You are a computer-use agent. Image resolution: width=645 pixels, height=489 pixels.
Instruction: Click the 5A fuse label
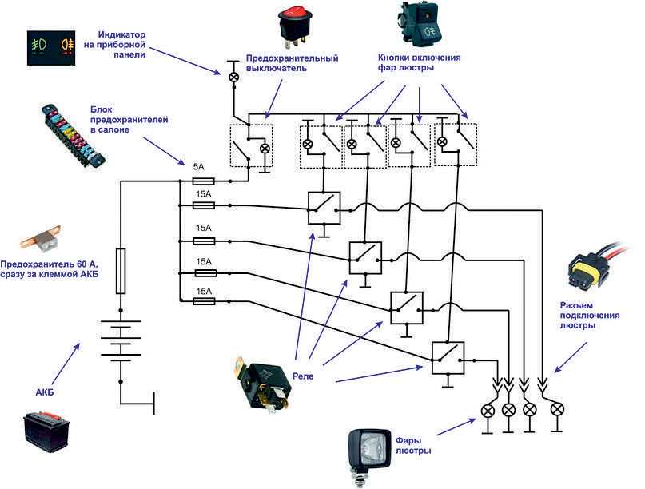pyautogui.click(x=199, y=167)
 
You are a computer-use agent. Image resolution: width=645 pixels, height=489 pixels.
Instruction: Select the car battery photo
pyautogui.click(x=46, y=431)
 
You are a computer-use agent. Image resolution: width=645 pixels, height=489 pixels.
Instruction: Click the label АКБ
pyautogui.click(x=45, y=392)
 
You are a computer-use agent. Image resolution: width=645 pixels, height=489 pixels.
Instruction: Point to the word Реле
pyautogui.click(x=303, y=376)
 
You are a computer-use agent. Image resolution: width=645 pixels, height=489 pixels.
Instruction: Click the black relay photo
pyautogui.click(x=262, y=384)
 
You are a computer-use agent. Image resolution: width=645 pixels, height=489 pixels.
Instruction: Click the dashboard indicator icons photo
pyautogui.click(x=51, y=48)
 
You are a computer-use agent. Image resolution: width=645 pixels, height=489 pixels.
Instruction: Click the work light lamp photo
pyautogui.click(x=369, y=457)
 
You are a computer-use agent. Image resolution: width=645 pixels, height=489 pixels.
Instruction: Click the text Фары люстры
pyautogui.click(x=413, y=446)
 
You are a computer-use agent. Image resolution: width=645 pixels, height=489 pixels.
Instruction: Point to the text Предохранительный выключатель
pyautogui.click(x=292, y=63)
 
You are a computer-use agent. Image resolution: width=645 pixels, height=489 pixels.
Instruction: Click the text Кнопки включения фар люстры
pyautogui.click(x=419, y=62)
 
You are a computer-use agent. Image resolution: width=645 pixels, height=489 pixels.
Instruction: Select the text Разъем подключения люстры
pyautogui.click(x=590, y=316)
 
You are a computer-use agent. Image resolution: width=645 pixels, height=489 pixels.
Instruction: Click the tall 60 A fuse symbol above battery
pyautogui.click(x=121, y=271)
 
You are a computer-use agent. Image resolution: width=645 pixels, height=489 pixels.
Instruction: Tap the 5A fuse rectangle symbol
pyautogui.click(x=204, y=181)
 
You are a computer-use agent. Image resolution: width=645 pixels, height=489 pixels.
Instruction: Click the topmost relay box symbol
pyautogui.click(x=324, y=208)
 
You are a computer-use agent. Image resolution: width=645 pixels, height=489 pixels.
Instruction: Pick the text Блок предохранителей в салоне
pyautogui.click(x=129, y=120)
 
